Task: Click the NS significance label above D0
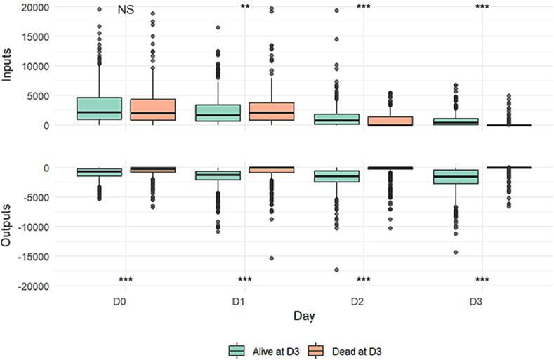[x=126, y=10]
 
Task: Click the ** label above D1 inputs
[x=245, y=8]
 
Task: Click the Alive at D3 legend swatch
[x=237, y=350]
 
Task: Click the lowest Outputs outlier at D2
[x=337, y=269]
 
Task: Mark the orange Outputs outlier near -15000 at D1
[x=271, y=258]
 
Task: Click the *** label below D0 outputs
[x=126, y=279]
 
